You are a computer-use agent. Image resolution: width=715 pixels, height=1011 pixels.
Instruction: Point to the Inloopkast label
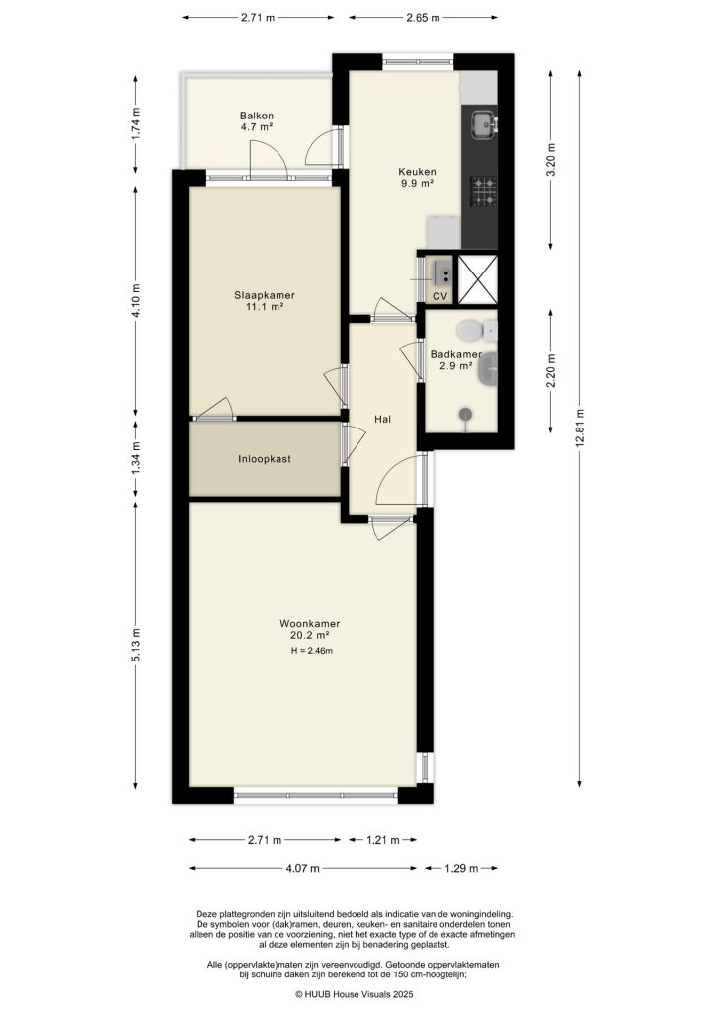click(264, 459)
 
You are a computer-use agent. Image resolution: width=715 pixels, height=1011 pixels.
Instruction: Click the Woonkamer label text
click(309, 623)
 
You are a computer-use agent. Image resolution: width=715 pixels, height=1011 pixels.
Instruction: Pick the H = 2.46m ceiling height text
click(311, 651)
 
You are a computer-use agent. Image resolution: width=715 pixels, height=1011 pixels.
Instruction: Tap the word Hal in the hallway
click(382, 419)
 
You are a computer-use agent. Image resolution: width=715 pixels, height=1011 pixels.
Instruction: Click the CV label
click(440, 296)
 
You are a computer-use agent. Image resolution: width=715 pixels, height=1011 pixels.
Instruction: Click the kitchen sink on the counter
click(483, 123)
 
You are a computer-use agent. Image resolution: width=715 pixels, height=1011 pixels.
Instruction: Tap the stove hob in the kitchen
click(482, 192)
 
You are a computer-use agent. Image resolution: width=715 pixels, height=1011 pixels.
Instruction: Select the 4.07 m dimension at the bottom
click(302, 869)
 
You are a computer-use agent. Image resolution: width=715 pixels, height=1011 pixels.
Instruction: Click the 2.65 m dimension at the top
click(422, 18)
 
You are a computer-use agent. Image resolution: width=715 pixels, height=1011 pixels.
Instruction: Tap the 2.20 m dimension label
click(552, 371)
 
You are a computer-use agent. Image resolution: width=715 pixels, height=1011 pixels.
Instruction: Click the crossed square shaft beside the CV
click(480, 277)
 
